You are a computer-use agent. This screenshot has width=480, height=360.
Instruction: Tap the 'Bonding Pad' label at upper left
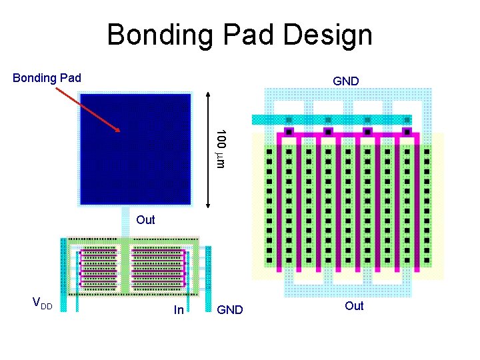tap(47, 78)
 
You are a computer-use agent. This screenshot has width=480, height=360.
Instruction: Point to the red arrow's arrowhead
tap(118, 131)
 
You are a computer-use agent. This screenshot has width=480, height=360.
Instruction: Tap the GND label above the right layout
tap(346, 81)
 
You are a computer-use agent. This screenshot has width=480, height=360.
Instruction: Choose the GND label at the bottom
tap(230, 309)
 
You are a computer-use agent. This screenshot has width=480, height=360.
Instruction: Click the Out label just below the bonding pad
tap(145, 220)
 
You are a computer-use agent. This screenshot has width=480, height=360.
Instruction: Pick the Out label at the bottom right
tap(354, 306)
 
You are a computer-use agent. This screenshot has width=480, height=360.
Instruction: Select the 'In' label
tap(179, 309)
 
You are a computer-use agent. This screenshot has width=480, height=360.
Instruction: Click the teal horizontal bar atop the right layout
tap(331, 120)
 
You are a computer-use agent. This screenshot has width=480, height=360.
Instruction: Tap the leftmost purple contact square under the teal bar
tap(289, 131)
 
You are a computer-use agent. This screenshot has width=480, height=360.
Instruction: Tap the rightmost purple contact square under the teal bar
tap(406, 131)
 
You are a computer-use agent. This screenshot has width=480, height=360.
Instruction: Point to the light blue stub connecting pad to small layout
tap(125, 227)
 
